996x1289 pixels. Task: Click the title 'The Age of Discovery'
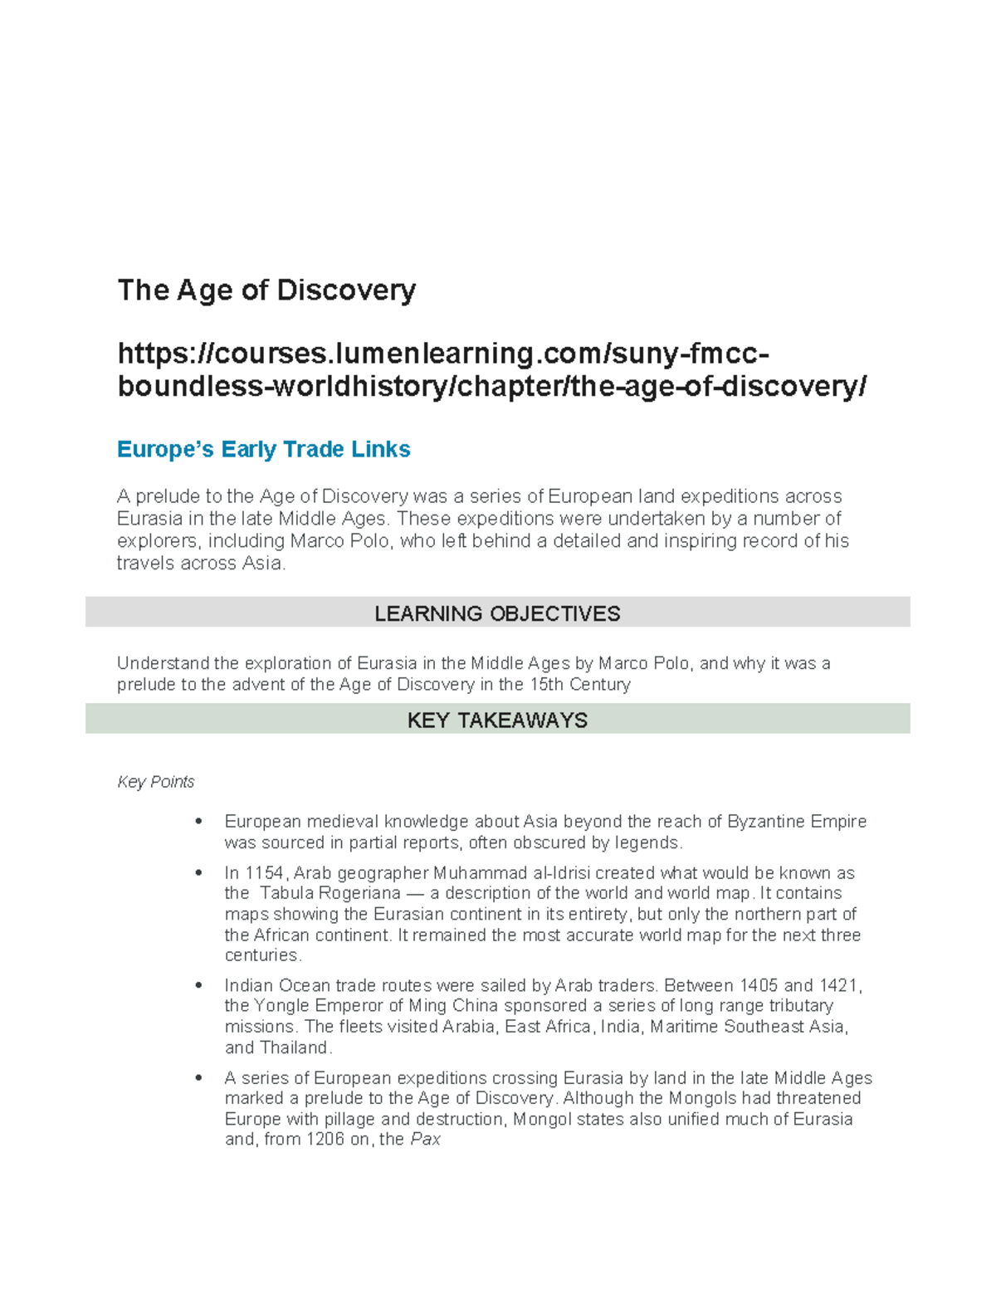pos(266,291)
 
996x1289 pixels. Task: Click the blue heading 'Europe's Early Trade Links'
pos(263,450)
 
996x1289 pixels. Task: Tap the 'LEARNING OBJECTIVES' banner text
pos(497,613)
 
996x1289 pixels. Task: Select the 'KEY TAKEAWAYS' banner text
pos(497,720)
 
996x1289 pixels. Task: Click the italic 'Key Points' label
pos(156,782)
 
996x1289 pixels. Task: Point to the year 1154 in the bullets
pos(265,873)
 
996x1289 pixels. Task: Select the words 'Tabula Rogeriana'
pos(330,894)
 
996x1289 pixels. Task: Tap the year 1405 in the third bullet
pos(754,986)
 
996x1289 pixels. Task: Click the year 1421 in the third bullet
pos(839,986)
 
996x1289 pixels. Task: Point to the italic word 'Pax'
pos(425,1140)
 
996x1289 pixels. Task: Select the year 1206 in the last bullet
pos(325,1140)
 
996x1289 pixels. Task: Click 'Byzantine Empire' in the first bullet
pos(797,822)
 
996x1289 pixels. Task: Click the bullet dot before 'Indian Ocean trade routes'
pos(198,986)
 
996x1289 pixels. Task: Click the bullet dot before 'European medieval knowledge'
pos(198,822)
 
